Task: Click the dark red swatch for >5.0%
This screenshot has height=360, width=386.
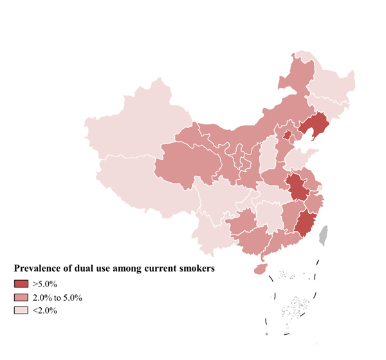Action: (x=22, y=283)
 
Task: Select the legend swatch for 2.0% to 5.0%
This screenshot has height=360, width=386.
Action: (x=22, y=297)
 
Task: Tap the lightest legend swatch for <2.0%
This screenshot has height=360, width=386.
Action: (x=22, y=310)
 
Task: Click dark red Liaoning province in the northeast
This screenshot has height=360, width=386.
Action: (x=313, y=127)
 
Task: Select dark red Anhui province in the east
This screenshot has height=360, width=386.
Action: (x=297, y=187)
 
